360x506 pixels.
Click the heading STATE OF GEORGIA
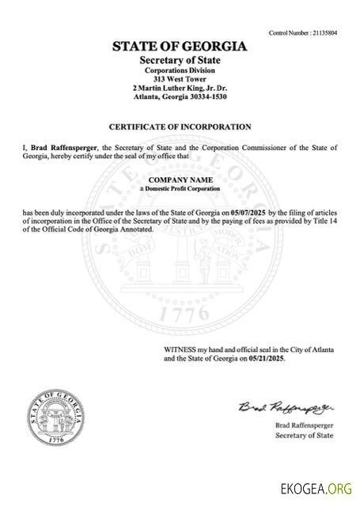(180, 47)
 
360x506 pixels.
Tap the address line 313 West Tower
(180, 79)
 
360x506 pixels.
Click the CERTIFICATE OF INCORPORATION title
(180, 126)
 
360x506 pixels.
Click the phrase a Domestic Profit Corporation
(180, 190)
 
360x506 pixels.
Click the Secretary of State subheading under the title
(180, 60)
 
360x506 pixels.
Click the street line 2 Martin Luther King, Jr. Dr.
(180, 88)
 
